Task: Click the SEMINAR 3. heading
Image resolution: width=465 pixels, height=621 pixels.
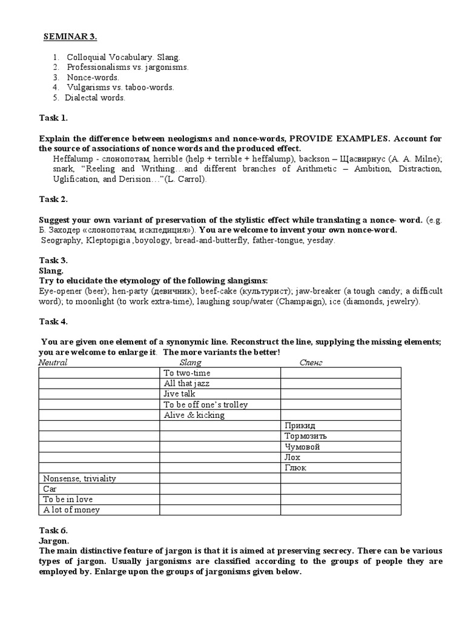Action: (x=70, y=36)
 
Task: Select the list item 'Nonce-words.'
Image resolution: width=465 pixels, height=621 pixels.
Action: (x=93, y=77)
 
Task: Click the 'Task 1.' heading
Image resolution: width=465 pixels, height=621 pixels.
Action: (x=53, y=117)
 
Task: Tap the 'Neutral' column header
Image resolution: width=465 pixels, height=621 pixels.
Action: (x=53, y=362)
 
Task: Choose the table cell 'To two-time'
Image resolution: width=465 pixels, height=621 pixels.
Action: (x=187, y=373)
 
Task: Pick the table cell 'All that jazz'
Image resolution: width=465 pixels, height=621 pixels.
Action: (x=187, y=383)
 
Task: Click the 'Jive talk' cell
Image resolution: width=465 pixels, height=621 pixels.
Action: (x=180, y=394)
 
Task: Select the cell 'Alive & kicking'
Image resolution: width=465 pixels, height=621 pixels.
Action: (x=194, y=415)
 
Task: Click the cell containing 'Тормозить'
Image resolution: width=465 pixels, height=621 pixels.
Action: (x=306, y=436)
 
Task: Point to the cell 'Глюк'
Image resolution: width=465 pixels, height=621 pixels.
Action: (x=295, y=468)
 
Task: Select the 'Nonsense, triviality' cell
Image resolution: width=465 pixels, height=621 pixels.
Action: (x=79, y=478)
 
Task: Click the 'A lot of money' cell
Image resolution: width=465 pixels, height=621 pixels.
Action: (x=71, y=510)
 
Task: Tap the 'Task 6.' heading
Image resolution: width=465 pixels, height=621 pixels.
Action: (x=53, y=530)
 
